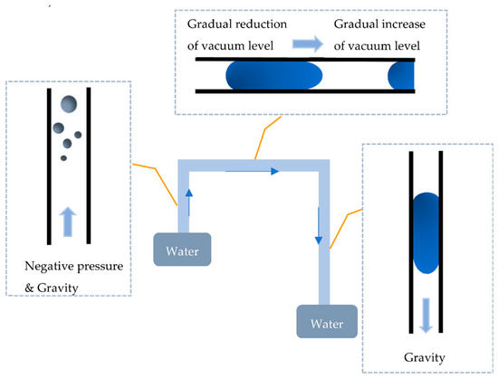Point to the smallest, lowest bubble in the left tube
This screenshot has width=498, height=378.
click(63, 158)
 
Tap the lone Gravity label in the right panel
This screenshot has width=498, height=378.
click(426, 357)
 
